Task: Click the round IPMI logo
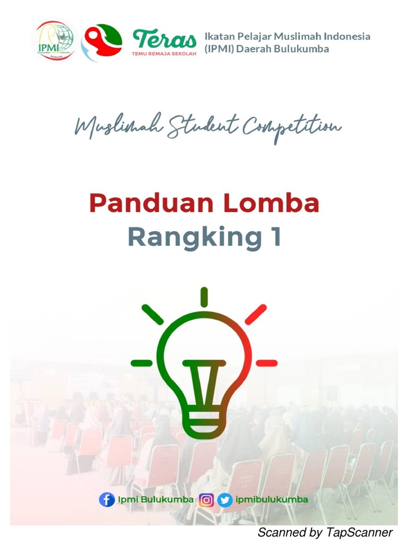(x=54, y=40)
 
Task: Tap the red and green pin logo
(x=101, y=42)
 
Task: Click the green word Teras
(x=164, y=39)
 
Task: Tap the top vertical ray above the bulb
(x=204, y=296)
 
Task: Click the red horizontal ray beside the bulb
(x=267, y=363)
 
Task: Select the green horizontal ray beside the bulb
(x=141, y=363)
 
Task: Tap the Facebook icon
(x=107, y=500)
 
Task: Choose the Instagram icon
(x=206, y=500)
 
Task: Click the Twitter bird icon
(x=225, y=500)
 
